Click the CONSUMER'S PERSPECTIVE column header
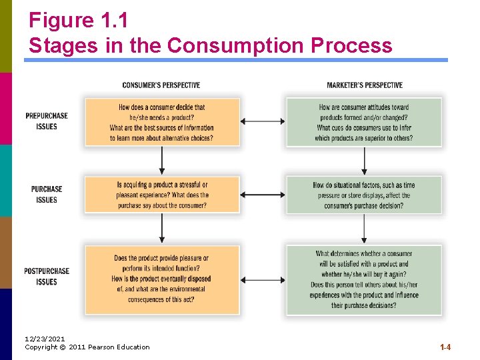coord(161,85)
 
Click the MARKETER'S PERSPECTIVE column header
coord(365,85)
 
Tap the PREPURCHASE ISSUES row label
coord(47,121)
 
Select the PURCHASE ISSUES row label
coord(47,195)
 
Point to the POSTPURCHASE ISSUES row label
coord(47,277)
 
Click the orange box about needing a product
coord(162,122)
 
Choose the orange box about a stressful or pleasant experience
coord(162,195)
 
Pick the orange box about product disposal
coord(162,279)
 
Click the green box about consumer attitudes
coord(364,122)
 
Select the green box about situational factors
coord(364,195)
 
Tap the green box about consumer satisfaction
coord(364,279)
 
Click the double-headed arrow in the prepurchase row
coord(263,121)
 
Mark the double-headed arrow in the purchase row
coord(263,195)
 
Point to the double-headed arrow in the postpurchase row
coord(263,281)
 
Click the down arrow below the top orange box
coord(162,161)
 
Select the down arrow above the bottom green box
coord(364,229)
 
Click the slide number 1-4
coord(445,347)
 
